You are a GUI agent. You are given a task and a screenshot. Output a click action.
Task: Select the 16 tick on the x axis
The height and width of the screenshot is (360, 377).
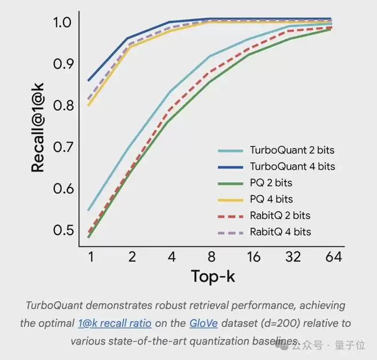[x=252, y=257]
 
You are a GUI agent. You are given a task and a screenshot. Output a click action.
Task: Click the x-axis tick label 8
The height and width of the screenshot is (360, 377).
[x=212, y=257]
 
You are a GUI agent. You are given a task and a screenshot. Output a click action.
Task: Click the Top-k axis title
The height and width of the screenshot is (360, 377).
[x=212, y=277]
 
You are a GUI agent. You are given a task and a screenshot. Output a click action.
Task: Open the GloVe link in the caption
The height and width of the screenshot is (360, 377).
[x=203, y=323]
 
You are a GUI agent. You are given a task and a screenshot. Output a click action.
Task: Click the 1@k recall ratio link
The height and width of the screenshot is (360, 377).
[x=114, y=323]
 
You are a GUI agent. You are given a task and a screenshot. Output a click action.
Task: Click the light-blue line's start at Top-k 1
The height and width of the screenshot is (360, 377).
[x=89, y=210]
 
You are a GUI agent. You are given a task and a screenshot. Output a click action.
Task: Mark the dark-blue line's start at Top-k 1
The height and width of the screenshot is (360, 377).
[x=89, y=81]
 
